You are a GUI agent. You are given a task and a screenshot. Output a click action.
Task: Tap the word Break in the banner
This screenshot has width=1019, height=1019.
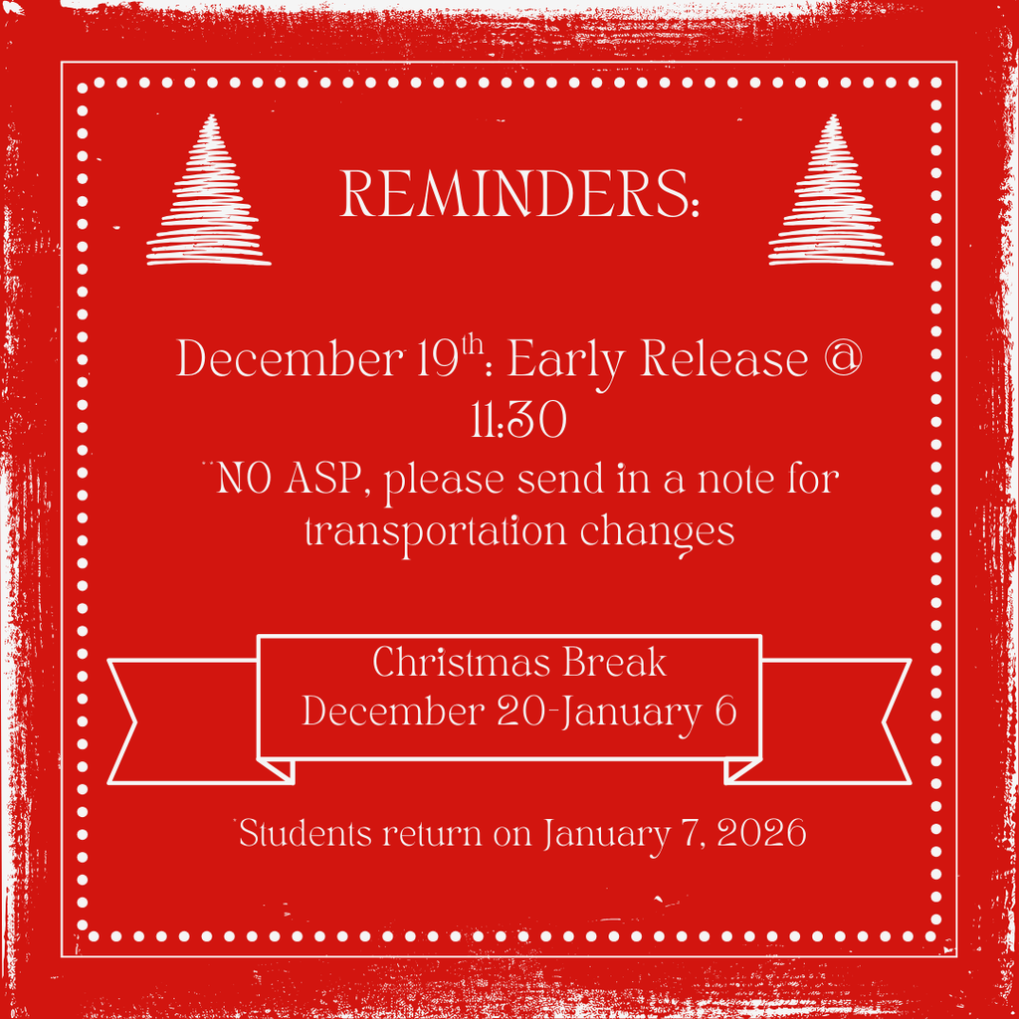tap(616, 663)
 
